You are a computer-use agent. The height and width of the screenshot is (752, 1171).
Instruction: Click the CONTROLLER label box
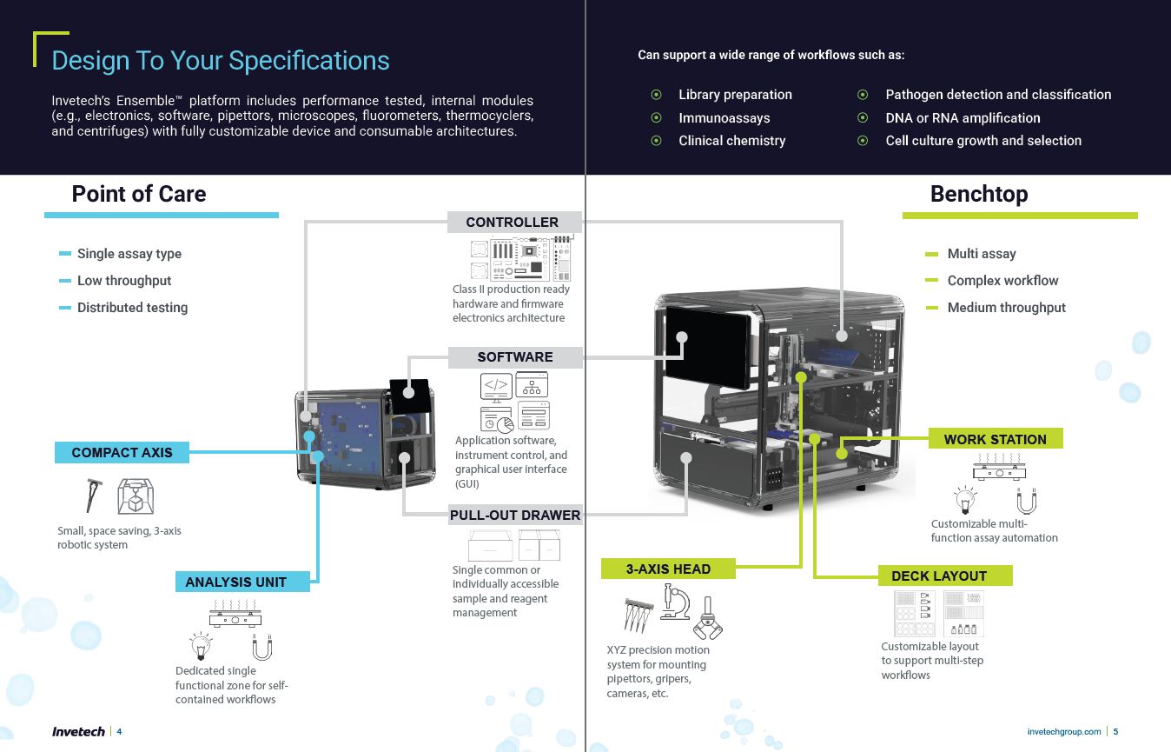tap(513, 223)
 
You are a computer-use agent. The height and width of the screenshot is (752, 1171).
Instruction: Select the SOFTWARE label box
tap(514, 357)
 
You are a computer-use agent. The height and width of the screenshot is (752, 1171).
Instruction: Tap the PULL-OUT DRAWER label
tap(514, 516)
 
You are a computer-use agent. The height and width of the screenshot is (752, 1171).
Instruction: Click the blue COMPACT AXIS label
tap(122, 453)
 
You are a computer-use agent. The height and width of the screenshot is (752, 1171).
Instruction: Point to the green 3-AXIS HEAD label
tap(668, 569)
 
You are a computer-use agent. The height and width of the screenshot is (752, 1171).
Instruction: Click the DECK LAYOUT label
tap(938, 576)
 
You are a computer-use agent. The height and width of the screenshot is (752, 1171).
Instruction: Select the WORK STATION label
tap(995, 440)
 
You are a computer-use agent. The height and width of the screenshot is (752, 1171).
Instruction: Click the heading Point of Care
tap(139, 194)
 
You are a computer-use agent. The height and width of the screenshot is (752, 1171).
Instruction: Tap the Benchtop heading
tap(979, 194)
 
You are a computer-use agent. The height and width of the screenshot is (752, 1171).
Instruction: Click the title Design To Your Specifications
tap(221, 61)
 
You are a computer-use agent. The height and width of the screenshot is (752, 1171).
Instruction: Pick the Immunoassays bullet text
tap(724, 118)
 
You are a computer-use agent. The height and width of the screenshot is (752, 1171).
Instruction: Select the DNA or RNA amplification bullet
tap(963, 118)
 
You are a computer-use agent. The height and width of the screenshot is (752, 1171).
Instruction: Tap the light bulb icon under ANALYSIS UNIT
tap(202, 647)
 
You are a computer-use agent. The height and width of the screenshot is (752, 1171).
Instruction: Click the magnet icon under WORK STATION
tap(1028, 502)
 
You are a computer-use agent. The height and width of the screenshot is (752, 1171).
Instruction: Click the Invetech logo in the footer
tap(78, 732)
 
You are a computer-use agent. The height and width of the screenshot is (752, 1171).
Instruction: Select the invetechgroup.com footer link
tap(1063, 732)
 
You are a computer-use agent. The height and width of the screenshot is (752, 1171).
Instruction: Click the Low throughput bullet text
tap(124, 281)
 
